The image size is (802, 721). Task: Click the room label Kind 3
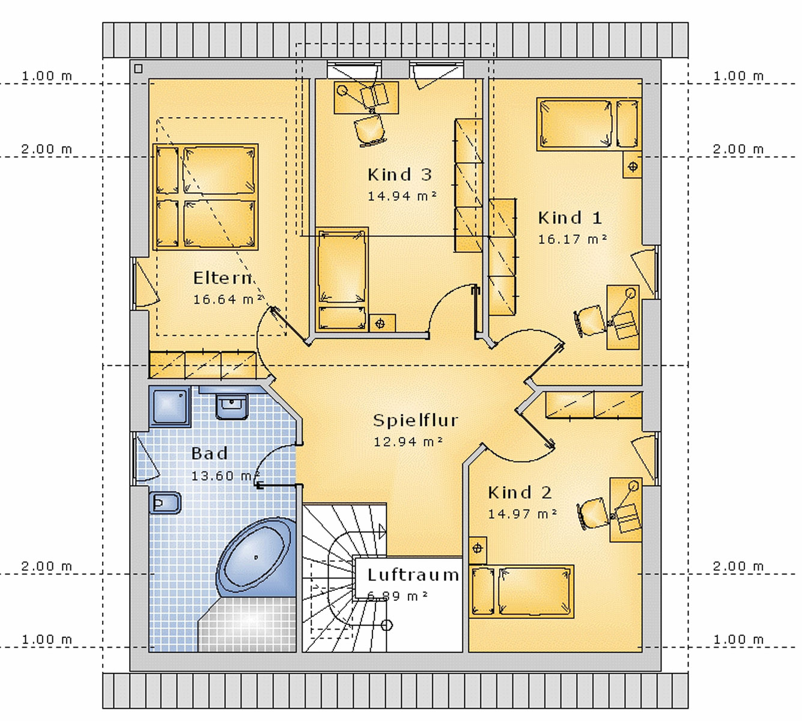(x=400, y=175)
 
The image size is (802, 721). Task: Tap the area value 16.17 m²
(x=573, y=239)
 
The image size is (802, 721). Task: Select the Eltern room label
(x=223, y=278)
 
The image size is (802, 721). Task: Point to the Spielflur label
(x=415, y=421)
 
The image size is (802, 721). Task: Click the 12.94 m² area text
(x=408, y=442)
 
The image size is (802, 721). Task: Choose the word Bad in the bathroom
(x=210, y=454)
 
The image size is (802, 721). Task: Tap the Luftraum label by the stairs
(x=413, y=574)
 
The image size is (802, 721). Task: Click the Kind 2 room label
(x=520, y=492)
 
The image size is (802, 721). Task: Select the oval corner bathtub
(x=255, y=558)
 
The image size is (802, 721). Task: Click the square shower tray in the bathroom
(x=170, y=407)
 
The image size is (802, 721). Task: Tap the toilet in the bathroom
(x=165, y=503)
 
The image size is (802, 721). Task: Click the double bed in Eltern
(x=205, y=197)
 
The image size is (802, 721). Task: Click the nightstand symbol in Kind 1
(x=633, y=166)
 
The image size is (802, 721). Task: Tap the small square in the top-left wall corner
(x=138, y=68)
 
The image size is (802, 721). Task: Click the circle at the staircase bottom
(x=386, y=625)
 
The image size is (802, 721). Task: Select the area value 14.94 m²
(x=402, y=196)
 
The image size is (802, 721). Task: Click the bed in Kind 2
(x=521, y=591)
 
